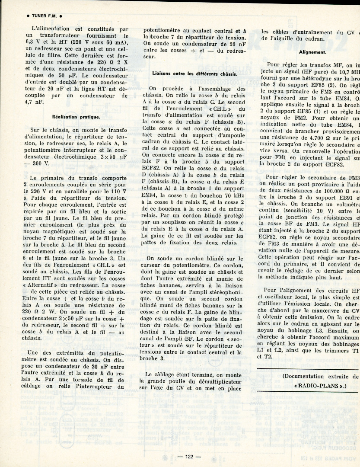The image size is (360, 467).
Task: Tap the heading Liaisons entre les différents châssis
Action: [x=194, y=74]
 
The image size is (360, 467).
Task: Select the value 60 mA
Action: [x=114, y=43]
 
